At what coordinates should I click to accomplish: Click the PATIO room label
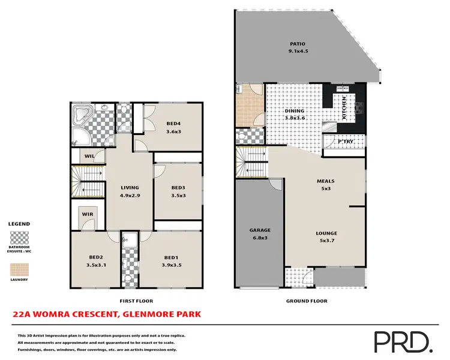298,44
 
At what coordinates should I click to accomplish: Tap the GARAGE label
260,230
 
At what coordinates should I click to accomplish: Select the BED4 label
173,124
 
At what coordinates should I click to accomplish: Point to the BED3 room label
178,187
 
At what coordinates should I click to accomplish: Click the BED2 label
96,257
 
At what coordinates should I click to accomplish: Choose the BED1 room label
172,257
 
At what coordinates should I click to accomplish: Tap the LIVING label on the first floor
130,187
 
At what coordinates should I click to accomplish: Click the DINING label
295,111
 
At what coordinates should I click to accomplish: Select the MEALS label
326,181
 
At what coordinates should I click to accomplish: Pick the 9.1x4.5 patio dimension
298,51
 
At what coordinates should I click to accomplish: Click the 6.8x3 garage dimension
260,237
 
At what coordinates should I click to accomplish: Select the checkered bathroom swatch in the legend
19,236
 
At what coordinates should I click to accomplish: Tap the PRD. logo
403,341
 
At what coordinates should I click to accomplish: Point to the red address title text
107,314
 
